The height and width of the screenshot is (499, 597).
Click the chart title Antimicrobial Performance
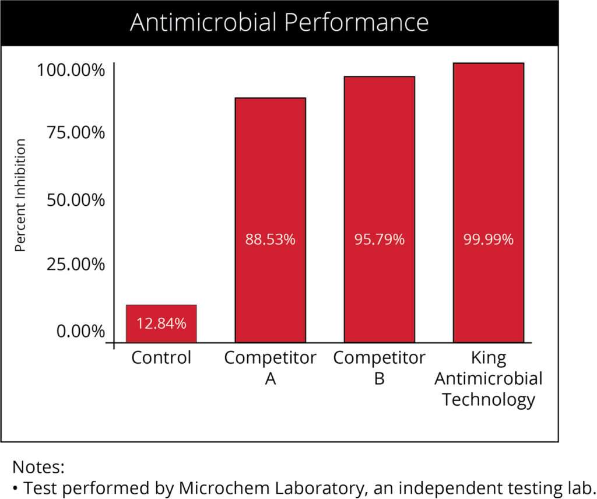(279, 23)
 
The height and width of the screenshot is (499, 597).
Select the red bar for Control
(161, 324)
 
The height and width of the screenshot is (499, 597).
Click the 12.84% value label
(161, 324)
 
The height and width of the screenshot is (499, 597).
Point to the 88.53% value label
(270, 240)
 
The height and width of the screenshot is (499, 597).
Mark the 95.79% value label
(379, 240)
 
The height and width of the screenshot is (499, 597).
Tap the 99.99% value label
(488, 240)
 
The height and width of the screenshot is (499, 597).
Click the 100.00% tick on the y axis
(71, 72)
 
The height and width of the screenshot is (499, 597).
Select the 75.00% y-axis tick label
(75, 133)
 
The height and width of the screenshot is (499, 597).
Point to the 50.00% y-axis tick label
(75, 201)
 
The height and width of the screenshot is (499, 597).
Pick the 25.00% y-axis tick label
(75, 265)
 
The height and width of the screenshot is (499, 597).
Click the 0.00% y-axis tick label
(80, 332)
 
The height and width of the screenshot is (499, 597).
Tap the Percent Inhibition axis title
(20, 195)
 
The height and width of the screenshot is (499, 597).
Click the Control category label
(161, 357)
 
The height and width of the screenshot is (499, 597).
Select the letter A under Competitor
(270, 379)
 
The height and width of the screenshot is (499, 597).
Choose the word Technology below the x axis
(488, 400)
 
